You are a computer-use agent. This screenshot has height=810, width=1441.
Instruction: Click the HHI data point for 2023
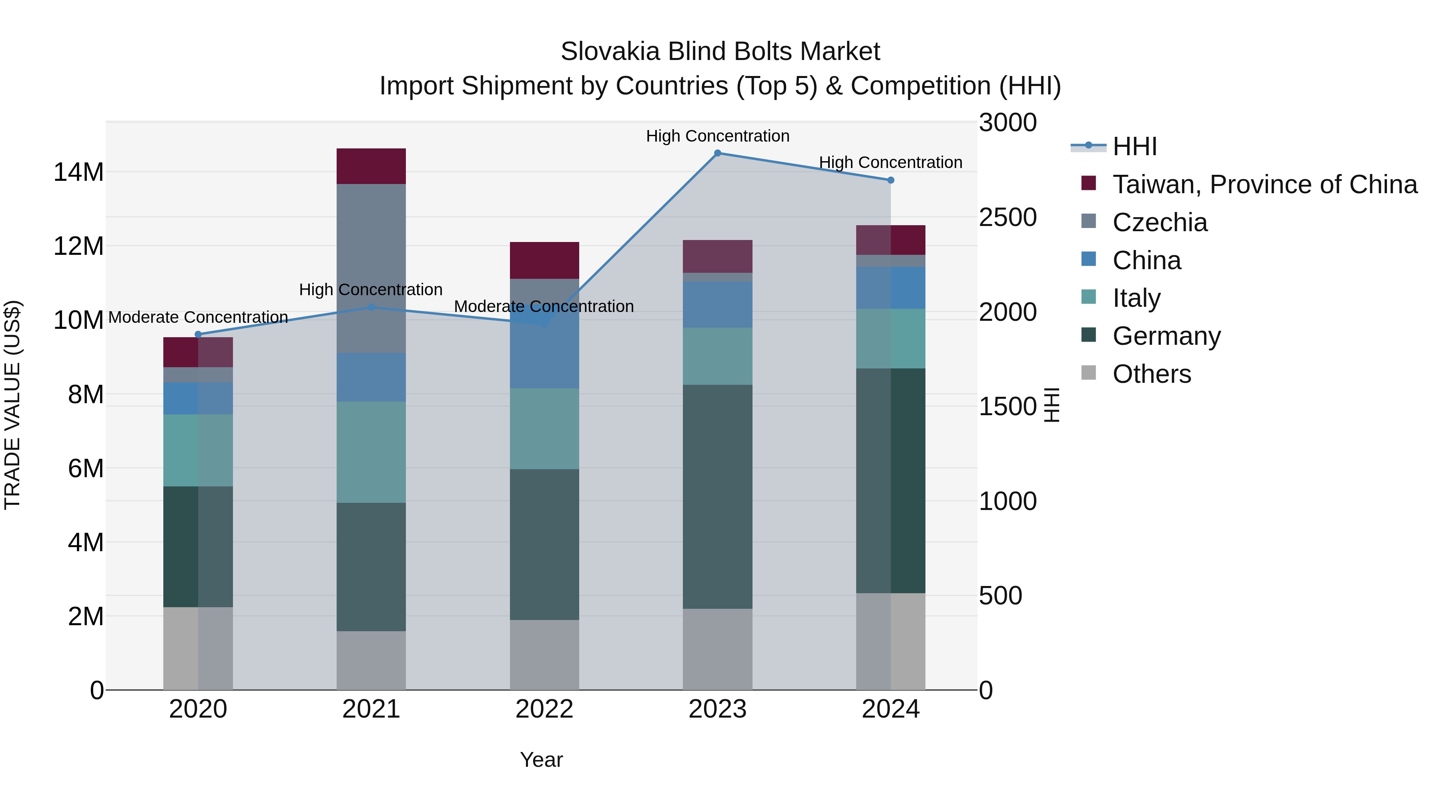(x=718, y=153)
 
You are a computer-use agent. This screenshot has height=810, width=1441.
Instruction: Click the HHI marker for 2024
(x=891, y=180)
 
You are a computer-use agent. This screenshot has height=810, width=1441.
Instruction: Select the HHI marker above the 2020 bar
(x=198, y=334)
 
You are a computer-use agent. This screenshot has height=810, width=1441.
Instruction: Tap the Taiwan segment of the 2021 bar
(x=371, y=166)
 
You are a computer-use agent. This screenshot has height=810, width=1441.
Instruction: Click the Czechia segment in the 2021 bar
(x=371, y=268)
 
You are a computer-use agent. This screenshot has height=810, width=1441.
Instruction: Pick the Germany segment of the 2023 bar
(x=718, y=496)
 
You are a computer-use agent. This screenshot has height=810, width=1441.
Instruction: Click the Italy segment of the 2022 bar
(x=544, y=429)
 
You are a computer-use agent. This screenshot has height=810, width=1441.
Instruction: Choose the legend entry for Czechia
(x=1159, y=222)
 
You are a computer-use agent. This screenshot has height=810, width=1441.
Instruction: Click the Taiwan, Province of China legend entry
(x=1264, y=184)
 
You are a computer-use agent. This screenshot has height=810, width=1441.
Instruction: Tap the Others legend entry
(x=1151, y=374)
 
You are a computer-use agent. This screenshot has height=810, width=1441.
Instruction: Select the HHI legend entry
(x=1134, y=146)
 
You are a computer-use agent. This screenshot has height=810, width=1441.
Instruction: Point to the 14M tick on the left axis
(x=78, y=172)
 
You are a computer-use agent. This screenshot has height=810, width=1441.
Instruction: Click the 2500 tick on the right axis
(x=1007, y=218)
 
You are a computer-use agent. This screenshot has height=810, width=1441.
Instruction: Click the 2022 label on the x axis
(x=544, y=709)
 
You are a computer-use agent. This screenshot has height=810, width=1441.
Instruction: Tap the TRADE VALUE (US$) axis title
(x=12, y=405)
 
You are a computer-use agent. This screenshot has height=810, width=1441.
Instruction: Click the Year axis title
(x=541, y=760)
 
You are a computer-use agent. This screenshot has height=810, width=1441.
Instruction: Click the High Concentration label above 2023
(x=718, y=136)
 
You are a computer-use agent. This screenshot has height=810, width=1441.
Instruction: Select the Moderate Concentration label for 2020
(x=198, y=317)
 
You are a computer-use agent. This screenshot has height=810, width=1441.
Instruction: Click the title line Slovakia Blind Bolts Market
(x=720, y=52)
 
